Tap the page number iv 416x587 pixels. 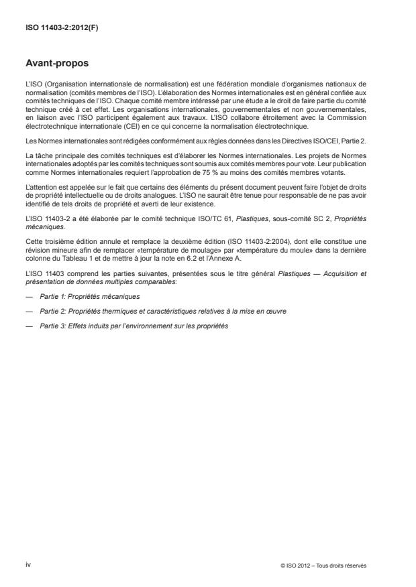28,564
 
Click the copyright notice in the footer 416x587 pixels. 324,565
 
